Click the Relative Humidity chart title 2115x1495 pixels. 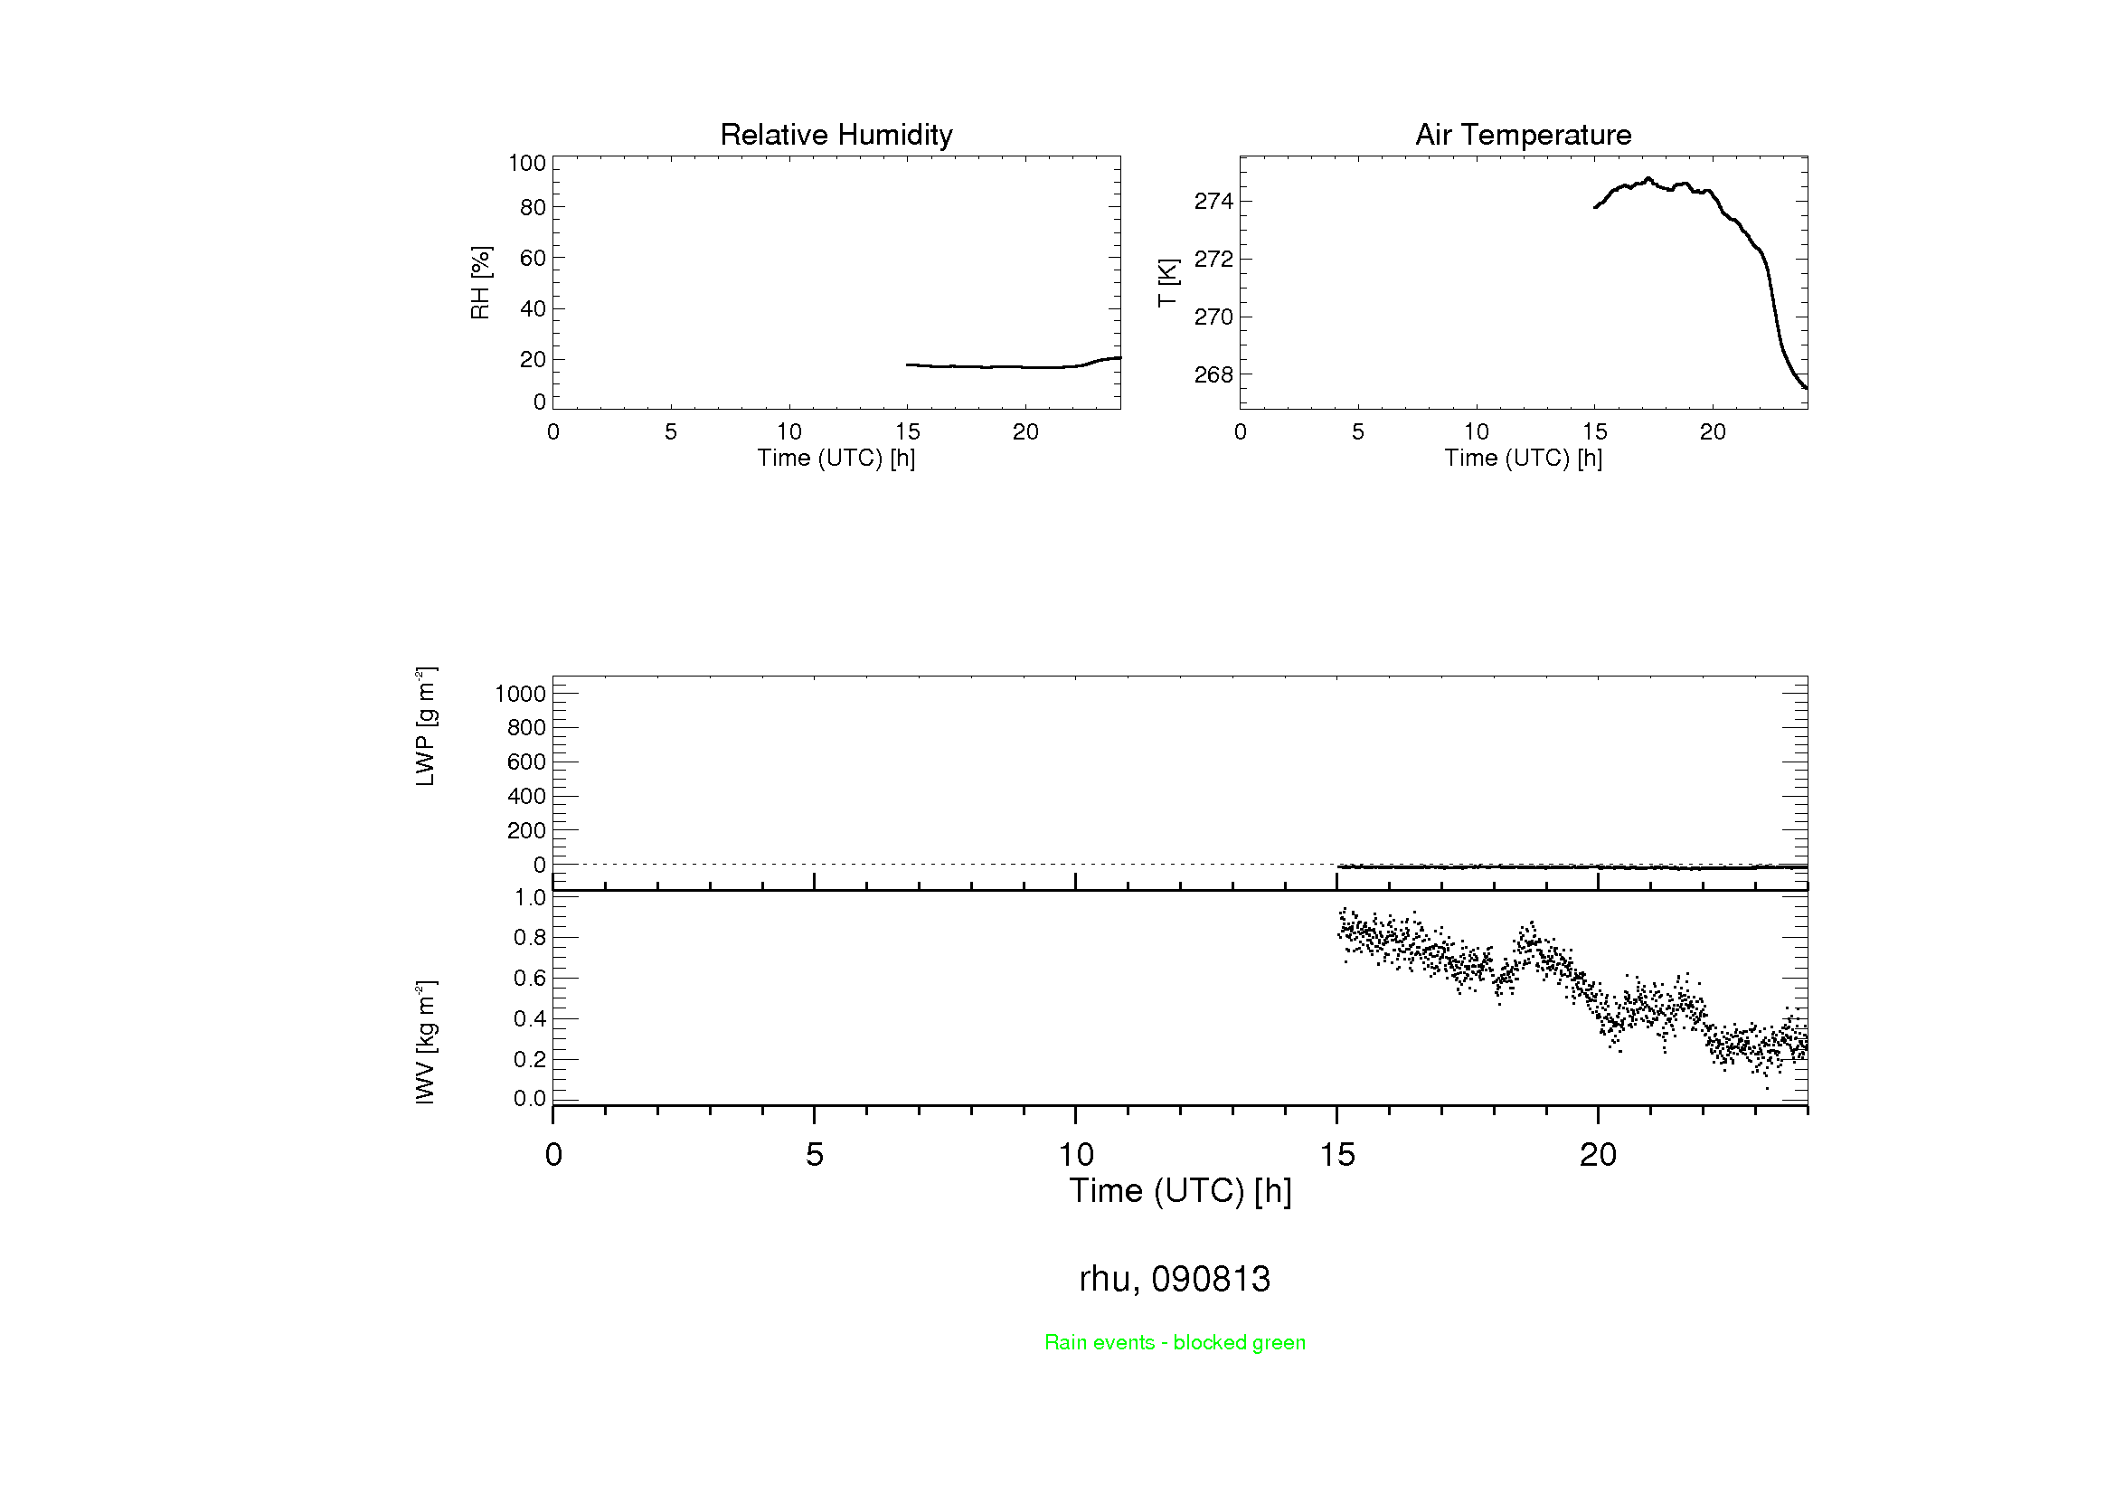coord(836,135)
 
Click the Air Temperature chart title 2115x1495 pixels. coord(1523,135)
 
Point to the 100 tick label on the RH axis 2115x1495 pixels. coord(527,163)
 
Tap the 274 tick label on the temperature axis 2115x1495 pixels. coord(1213,201)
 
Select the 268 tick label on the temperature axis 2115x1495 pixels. coord(1213,375)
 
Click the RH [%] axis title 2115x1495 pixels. coord(480,283)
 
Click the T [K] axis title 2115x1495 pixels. coord(1167,283)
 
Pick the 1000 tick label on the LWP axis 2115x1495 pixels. coord(521,694)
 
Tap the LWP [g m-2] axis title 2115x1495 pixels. coord(425,727)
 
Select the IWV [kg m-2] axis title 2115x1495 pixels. coord(425,1042)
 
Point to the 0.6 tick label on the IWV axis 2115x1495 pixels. coord(530,978)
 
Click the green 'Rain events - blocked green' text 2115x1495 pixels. coord(1175,1342)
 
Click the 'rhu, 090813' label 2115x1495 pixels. coord(1175,1279)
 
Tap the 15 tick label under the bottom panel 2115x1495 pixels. coord(1336,1154)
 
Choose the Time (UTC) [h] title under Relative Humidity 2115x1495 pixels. coord(836,458)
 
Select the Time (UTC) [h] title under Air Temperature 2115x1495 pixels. coord(1523,458)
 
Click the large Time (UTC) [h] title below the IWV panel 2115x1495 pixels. coord(1180,1190)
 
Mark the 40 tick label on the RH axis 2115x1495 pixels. coord(533,308)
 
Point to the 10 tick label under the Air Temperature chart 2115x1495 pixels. coord(1476,431)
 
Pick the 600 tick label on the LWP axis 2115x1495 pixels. coord(526,762)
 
